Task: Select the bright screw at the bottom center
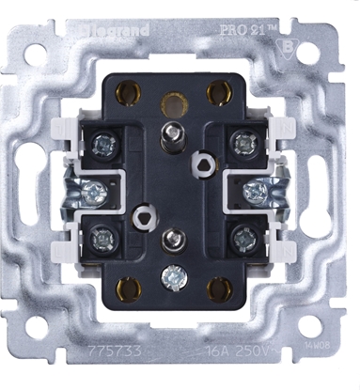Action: pyautogui.click(x=170, y=279)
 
